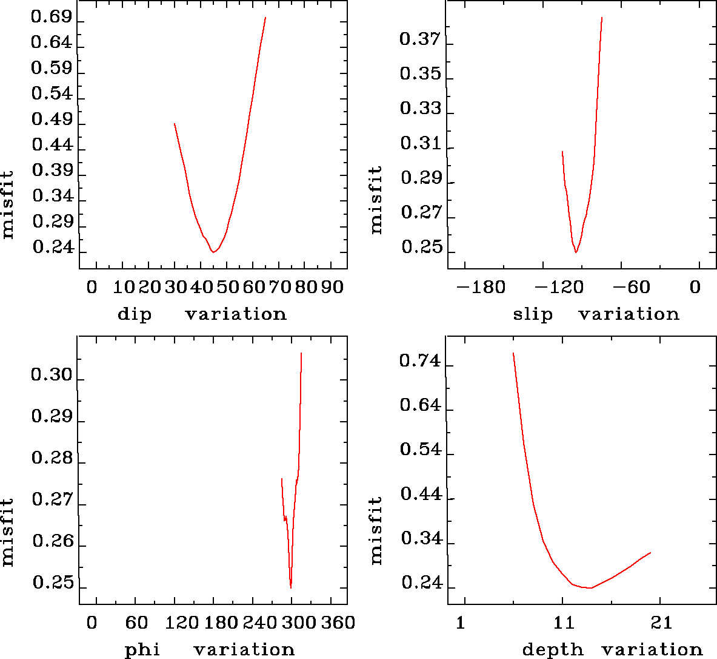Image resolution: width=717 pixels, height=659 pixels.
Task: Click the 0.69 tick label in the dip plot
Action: pos(52,18)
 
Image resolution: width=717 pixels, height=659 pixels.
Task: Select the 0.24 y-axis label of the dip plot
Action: pos(53,248)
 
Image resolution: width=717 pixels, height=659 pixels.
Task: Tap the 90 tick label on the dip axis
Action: pos(332,286)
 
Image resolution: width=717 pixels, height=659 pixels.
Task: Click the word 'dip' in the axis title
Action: pos(134,314)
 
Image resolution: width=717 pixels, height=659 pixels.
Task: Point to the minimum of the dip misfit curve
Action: pos(213,251)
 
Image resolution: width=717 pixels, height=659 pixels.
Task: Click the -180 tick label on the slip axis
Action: pos(481,286)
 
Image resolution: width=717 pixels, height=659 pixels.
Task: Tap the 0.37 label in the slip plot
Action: pos(420,40)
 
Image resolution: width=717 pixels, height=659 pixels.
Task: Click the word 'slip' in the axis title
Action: pos(533,314)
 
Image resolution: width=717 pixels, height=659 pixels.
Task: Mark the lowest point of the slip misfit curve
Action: pos(576,252)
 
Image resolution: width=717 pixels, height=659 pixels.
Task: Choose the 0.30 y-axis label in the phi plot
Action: pos(52,376)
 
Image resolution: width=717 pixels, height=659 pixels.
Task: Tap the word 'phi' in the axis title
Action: pos(142,650)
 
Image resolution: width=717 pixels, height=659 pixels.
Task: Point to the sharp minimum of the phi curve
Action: pos(291,587)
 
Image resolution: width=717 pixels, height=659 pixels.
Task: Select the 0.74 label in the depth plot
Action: pos(420,362)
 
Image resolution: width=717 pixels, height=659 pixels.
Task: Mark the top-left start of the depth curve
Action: pos(513,353)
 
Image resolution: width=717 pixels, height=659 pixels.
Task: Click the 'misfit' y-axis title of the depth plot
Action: pos(376,530)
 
